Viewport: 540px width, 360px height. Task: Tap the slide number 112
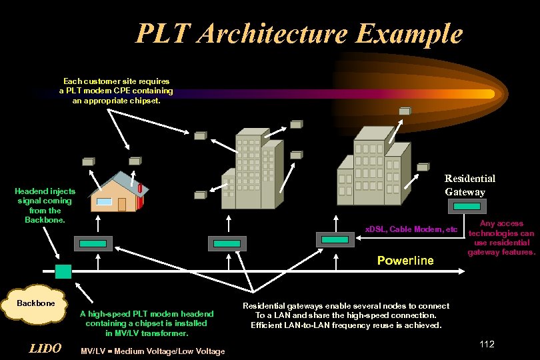(487, 344)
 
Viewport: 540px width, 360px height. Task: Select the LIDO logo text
(45, 349)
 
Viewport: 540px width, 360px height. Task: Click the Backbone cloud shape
(35, 305)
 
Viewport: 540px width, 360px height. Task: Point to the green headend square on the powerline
(63, 271)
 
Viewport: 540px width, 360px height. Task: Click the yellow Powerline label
(405, 260)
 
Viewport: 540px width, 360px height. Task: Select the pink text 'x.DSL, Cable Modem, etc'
(411, 230)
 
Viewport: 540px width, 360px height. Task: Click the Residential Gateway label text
(470, 185)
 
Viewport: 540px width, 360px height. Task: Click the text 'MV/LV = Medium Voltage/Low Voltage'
(152, 351)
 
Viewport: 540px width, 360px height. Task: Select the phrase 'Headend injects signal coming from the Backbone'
(45, 205)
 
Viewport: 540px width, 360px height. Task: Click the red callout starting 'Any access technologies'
(501, 238)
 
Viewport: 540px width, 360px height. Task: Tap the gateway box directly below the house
(97, 243)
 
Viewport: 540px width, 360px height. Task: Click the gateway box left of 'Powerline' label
(333, 239)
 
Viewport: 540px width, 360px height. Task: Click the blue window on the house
(105, 201)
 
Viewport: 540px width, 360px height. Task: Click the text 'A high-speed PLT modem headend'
(147, 314)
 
